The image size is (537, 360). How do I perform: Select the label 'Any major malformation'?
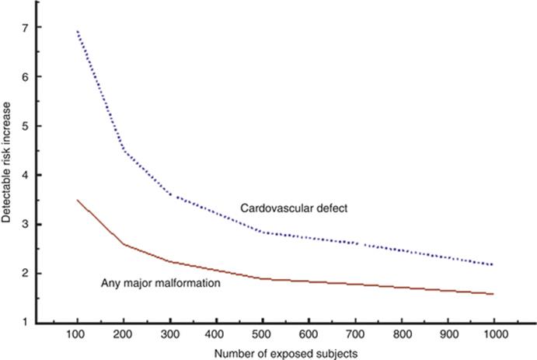(162, 284)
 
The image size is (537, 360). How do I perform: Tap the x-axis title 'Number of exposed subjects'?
(285, 352)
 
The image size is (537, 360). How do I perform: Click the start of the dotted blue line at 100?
(78, 31)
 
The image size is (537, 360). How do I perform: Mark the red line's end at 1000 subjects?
(493, 294)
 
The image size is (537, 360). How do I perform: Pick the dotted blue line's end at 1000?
(493, 265)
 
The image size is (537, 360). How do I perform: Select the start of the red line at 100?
(78, 200)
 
